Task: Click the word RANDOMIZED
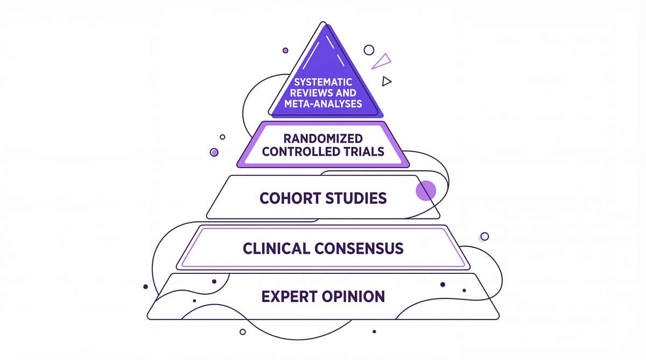(320, 138)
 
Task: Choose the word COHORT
(289, 198)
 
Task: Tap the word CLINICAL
(276, 248)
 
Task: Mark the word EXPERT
(288, 296)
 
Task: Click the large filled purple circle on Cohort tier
(426, 190)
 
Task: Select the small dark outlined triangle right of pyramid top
(386, 81)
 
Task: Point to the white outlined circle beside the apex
(369, 50)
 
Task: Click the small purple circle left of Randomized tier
(214, 152)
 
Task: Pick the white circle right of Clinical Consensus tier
(484, 236)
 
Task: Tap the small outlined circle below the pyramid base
(242, 331)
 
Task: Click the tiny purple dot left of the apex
(285, 50)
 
